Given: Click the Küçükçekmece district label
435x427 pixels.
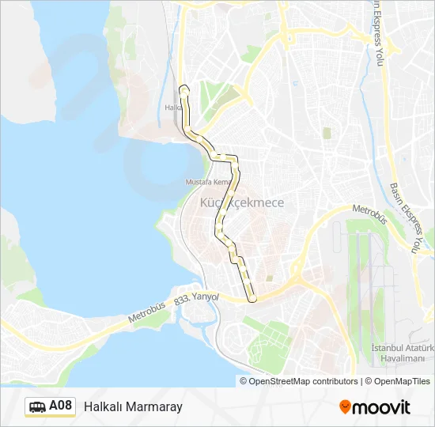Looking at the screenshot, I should point(241,203).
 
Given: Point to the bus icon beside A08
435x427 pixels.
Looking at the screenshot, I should point(36,407).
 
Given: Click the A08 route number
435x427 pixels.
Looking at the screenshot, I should point(61,406).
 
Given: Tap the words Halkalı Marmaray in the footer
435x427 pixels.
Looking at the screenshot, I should point(133,406).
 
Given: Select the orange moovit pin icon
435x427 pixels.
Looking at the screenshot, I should point(346,406).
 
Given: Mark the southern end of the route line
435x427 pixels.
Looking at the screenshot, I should point(252,300).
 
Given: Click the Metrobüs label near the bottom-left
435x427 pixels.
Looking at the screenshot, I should point(149,316).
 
